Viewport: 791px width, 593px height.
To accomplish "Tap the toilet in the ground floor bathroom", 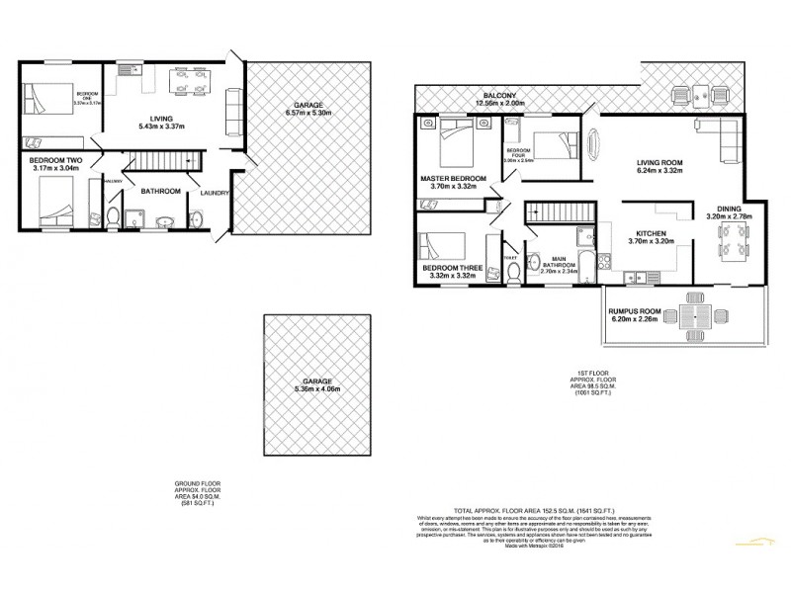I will [x=115, y=214].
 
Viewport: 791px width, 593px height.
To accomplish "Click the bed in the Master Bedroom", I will [x=455, y=142].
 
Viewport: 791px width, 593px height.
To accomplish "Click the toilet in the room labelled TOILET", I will [x=511, y=273].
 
